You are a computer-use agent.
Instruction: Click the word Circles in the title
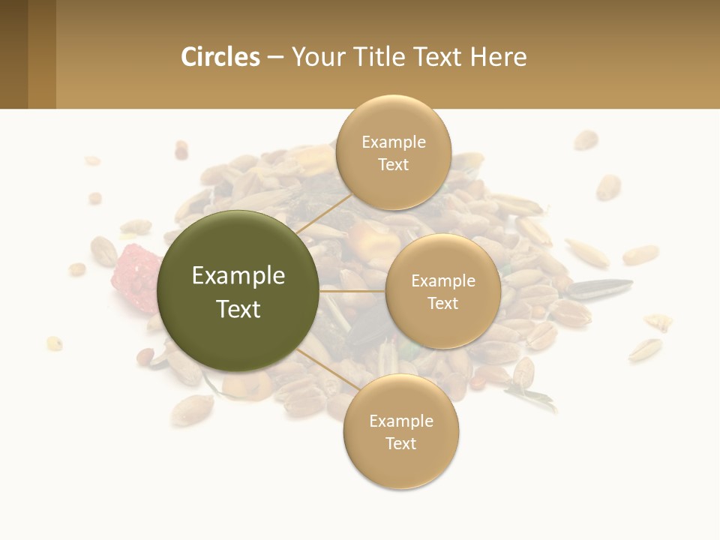[220, 57]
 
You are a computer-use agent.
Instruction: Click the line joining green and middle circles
[352, 291]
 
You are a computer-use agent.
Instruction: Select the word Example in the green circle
[238, 276]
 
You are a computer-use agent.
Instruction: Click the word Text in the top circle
[393, 165]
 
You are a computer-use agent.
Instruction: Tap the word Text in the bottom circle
[400, 444]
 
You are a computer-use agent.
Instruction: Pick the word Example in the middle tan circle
[443, 281]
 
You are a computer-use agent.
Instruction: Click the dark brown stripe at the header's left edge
[13, 54]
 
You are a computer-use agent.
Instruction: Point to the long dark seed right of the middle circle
[600, 287]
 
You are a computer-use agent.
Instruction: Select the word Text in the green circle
[238, 309]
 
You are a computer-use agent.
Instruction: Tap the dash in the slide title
[275, 57]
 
